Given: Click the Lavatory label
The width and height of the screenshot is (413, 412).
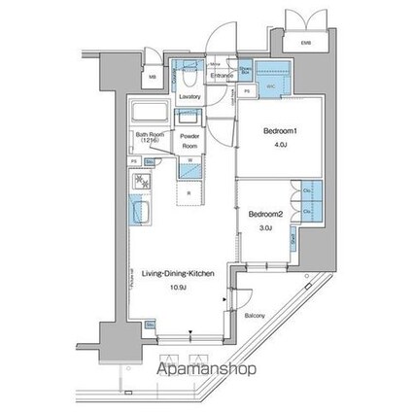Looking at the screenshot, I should (190, 96).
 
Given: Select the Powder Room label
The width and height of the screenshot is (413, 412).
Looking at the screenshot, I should (189, 140).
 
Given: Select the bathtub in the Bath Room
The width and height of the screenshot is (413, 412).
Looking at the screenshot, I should (151, 109).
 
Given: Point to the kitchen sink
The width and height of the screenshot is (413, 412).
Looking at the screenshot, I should (139, 213).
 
